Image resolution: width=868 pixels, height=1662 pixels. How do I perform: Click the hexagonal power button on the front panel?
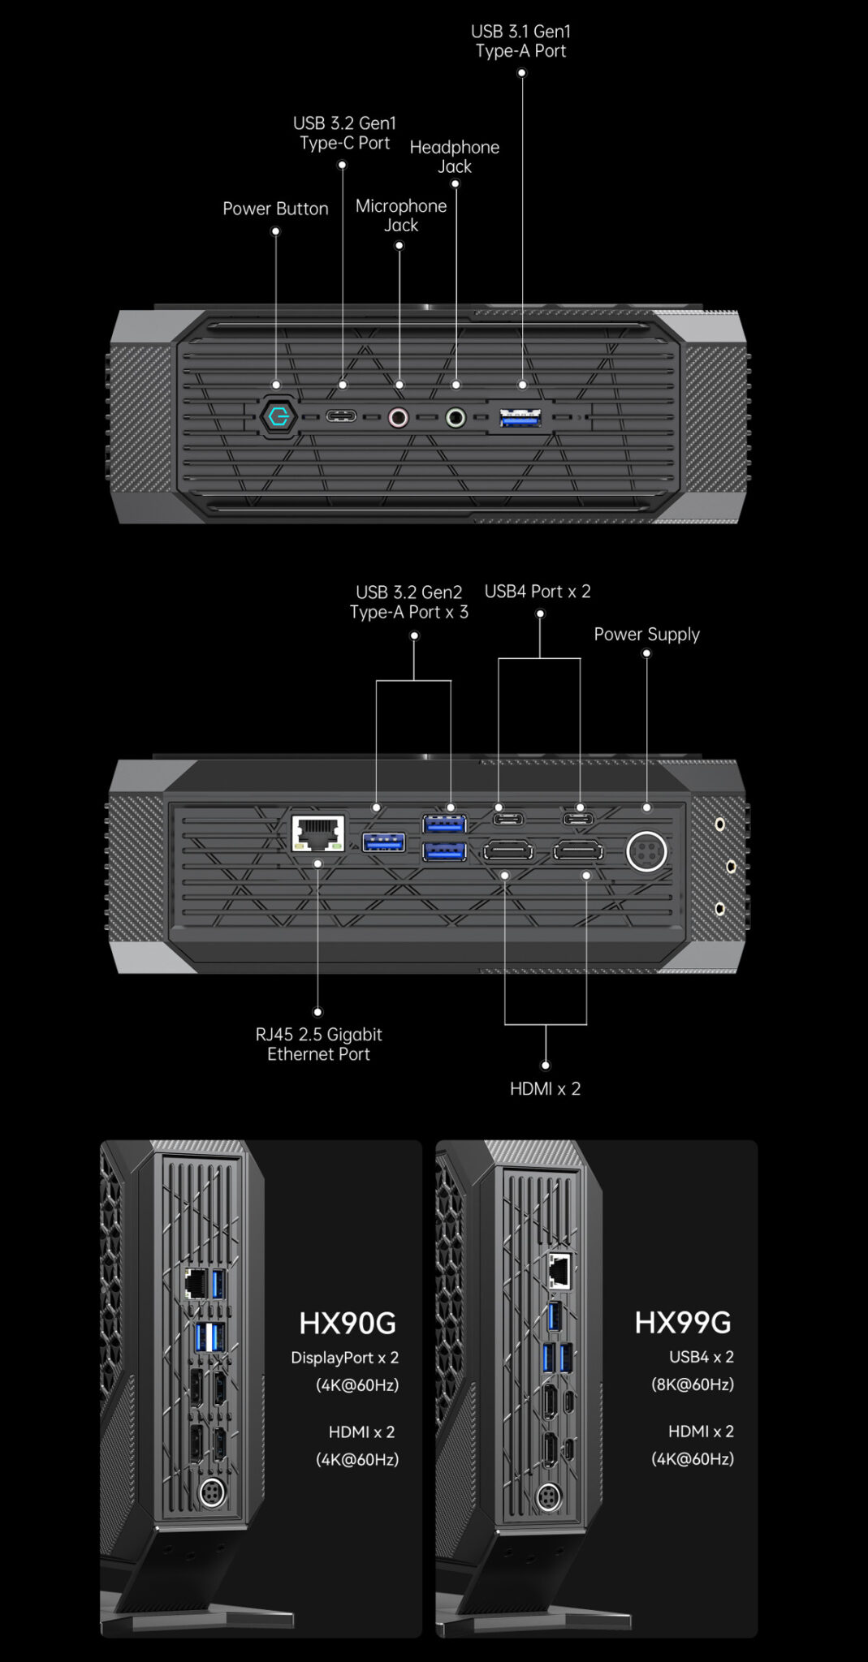[276, 417]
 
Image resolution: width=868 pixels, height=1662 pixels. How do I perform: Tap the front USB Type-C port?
[341, 417]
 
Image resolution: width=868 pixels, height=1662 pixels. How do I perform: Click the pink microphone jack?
[398, 417]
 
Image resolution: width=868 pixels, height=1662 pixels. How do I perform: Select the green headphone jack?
[456, 418]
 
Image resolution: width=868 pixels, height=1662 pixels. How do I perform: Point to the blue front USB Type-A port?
[521, 418]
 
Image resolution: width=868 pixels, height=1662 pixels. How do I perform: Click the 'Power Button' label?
[275, 209]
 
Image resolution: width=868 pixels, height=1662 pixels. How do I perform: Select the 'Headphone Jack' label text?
[454, 157]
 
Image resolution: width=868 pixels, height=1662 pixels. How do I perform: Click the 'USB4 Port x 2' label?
[538, 592]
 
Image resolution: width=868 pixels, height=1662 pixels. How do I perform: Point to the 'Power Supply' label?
[646, 635]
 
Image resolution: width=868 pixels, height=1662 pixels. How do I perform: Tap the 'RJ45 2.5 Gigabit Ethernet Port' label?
[318, 1044]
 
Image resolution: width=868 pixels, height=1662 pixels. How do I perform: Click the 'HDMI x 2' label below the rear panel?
[545, 1089]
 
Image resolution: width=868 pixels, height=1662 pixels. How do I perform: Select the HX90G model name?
[348, 1324]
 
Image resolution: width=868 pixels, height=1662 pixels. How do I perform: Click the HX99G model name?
[683, 1323]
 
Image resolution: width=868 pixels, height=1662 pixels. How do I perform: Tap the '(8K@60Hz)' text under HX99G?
[693, 1384]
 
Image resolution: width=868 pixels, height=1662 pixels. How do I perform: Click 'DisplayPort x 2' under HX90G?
[345, 1358]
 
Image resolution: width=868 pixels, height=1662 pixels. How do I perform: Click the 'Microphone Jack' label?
[401, 215]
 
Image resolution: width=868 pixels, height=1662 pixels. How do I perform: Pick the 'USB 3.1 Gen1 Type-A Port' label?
[521, 41]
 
